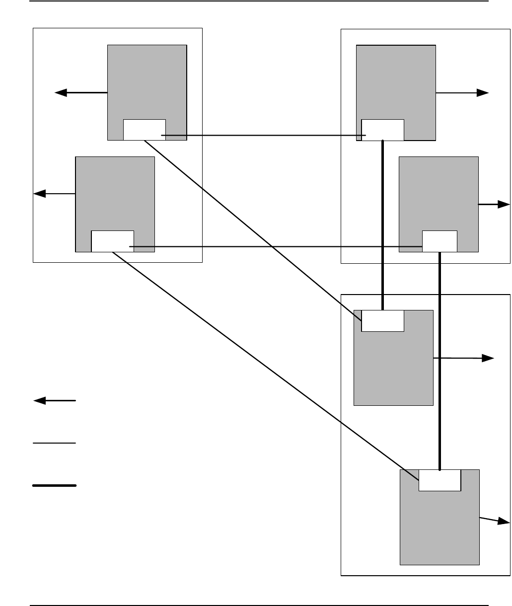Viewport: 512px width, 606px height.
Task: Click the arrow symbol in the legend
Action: (55, 400)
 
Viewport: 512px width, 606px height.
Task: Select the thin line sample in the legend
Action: (55, 442)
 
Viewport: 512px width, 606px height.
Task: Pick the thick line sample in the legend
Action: (55, 485)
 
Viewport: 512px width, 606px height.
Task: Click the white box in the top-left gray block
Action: (144, 130)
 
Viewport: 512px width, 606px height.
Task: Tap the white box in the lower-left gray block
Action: (112, 241)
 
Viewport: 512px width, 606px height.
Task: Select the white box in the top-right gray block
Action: (382, 130)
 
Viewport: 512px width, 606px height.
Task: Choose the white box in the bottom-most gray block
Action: (440, 480)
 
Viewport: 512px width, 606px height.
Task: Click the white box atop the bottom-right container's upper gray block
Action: (382, 320)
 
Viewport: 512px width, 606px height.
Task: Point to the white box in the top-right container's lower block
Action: (439, 241)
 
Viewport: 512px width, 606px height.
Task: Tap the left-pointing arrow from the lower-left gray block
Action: (54, 194)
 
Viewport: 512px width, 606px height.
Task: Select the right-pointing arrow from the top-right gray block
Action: (462, 93)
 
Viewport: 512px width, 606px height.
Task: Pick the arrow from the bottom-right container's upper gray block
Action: (464, 358)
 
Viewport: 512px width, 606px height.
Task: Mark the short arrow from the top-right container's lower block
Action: (494, 204)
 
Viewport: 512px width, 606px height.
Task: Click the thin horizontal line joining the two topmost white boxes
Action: (263, 135)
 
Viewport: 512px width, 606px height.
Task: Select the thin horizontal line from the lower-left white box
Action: (276, 246)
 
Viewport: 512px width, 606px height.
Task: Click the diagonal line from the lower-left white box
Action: (263, 362)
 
